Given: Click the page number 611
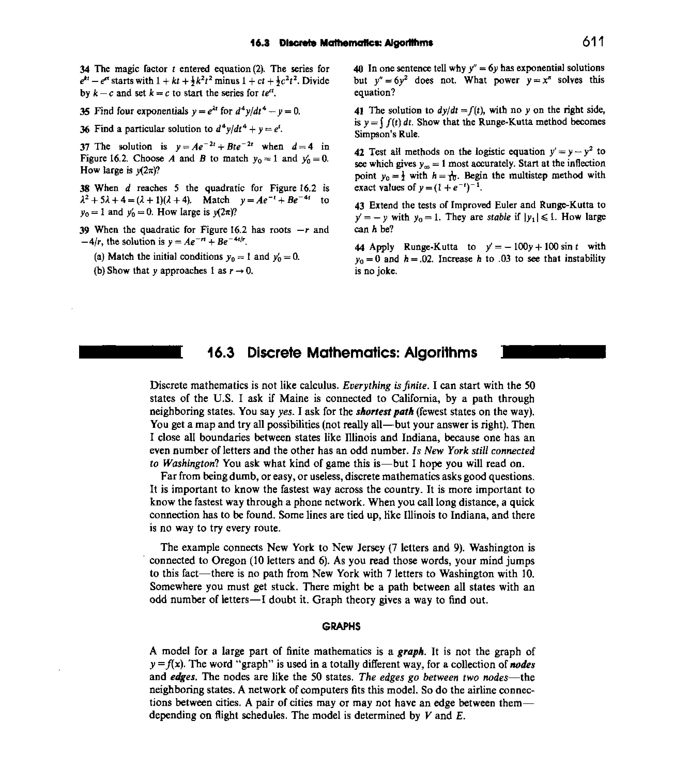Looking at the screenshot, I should coord(593,42).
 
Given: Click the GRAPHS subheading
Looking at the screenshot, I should coord(341,627).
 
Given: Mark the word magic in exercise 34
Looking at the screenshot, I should coord(127,69).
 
